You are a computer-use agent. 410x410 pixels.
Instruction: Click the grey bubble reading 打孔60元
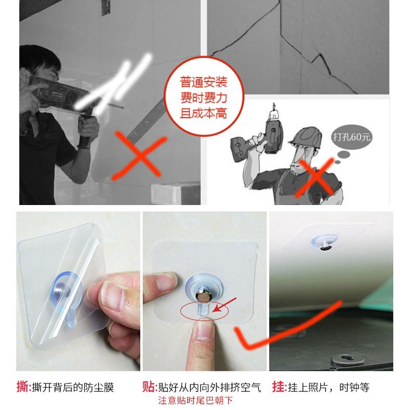point(351,137)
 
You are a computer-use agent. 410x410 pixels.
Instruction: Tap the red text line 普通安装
point(203,82)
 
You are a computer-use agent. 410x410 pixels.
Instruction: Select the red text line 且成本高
point(203,114)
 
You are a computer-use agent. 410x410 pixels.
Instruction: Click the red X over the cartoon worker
point(316,177)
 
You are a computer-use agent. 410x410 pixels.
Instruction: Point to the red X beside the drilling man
point(140,156)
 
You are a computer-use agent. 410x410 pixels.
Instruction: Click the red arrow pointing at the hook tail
point(224,305)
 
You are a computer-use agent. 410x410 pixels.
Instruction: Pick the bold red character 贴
point(148,386)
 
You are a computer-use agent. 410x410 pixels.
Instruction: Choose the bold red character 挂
point(278,386)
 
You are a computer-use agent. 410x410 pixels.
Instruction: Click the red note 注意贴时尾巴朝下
point(195,401)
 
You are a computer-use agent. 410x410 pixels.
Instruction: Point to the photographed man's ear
point(24,75)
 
